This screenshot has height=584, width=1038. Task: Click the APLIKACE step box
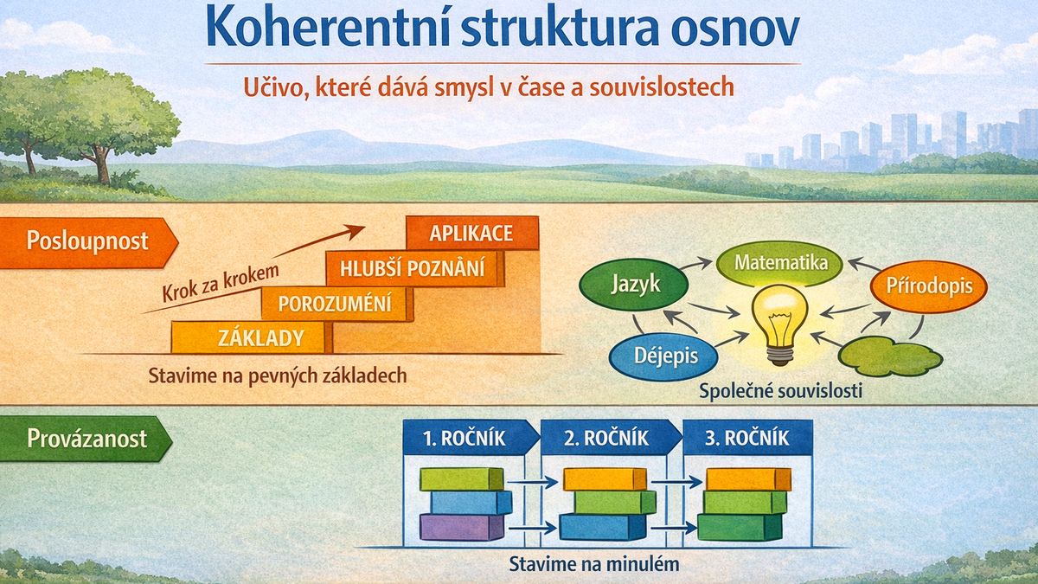[x=472, y=233]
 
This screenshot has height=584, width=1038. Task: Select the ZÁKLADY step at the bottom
[x=252, y=337]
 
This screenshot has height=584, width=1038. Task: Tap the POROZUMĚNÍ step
[x=336, y=304]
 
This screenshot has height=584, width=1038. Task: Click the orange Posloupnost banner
[x=88, y=242]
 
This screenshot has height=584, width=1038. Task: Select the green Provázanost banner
[x=86, y=439]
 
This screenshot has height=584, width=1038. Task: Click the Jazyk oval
[x=634, y=284]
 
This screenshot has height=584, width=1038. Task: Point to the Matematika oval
[x=781, y=263]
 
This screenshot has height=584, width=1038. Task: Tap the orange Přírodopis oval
[x=929, y=286]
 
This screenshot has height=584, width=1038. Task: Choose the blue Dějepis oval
[x=664, y=356]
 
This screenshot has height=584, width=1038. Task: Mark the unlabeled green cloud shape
[x=890, y=356]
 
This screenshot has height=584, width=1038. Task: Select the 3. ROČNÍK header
[x=747, y=438]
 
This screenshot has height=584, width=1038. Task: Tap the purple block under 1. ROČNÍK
[x=462, y=527]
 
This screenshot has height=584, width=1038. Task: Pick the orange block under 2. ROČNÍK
[x=605, y=479]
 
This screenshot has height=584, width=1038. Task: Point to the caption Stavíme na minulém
[x=594, y=564]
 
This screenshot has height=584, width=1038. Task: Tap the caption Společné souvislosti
[x=780, y=391]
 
